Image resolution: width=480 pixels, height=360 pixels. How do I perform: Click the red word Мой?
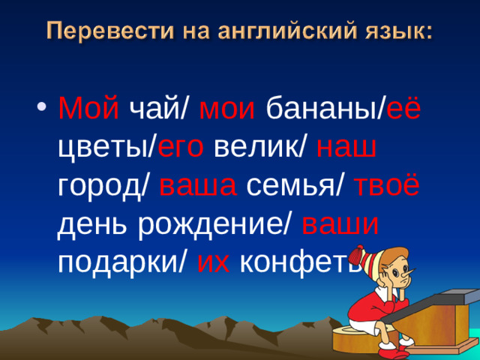pyautogui.click(x=88, y=111)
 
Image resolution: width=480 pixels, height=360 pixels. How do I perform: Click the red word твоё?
pyautogui.click(x=391, y=184)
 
